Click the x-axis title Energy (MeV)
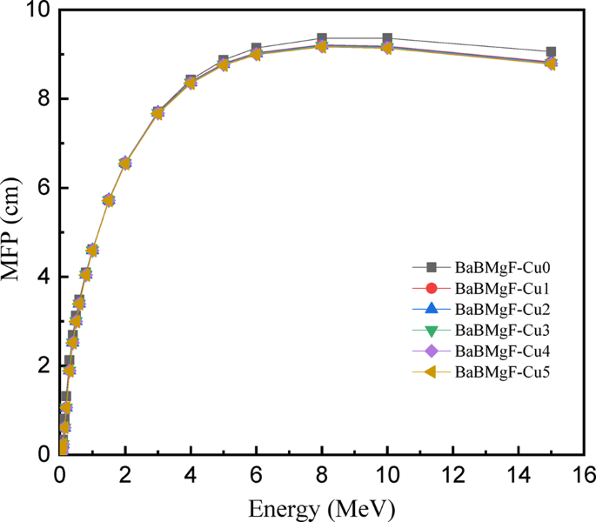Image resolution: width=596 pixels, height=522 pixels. [323, 506]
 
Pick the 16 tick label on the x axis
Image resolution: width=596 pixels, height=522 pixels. [584, 474]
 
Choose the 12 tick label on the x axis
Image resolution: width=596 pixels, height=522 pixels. [452, 474]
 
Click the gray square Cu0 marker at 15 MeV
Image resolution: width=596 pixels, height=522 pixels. [551, 52]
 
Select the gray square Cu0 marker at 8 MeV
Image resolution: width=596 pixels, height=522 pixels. [322, 39]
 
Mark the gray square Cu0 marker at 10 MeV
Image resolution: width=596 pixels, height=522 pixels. [387, 39]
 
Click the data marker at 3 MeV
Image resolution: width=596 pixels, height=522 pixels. [157, 113]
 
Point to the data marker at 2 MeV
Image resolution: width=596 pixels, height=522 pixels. [125, 163]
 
